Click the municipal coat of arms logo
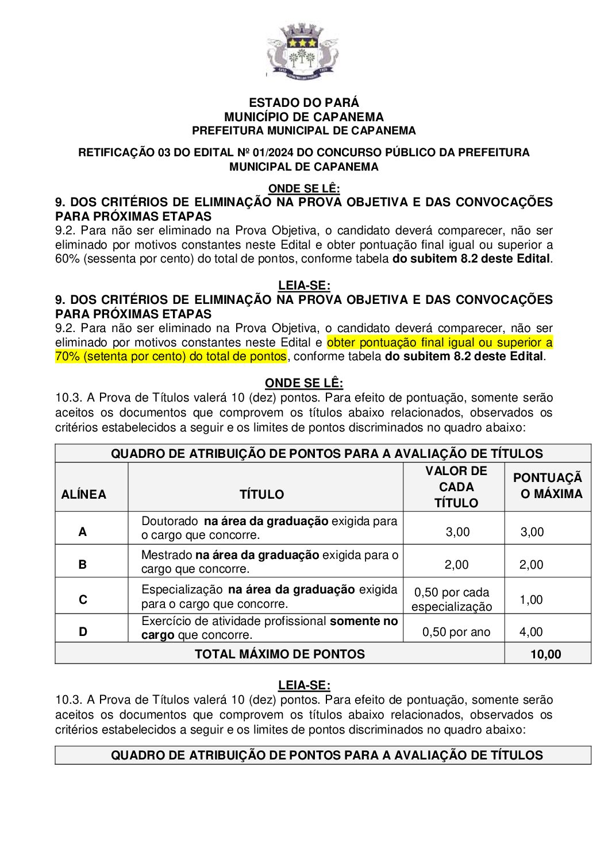pyautogui.click(x=303, y=52)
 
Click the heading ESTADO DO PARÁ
pyautogui.click(x=304, y=103)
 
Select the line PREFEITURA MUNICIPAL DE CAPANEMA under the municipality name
pyautogui.click(x=304, y=131)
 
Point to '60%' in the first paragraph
pyautogui.click(x=67, y=259)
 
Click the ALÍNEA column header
pyautogui.click(x=84, y=495)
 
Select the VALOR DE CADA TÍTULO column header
pyautogui.click(x=456, y=487)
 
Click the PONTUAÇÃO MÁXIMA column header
pyautogui.click(x=547, y=486)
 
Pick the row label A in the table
pyautogui.click(x=83, y=532)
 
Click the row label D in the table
pyautogui.click(x=83, y=632)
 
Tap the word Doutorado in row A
pyautogui.click(x=170, y=522)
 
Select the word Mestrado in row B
pyautogui.click(x=167, y=556)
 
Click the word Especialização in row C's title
pyautogui.click(x=182, y=590)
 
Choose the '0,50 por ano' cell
pyautogui.click(x=456, y=633)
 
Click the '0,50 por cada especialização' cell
pyautogui.click(x=452, y=600)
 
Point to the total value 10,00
pyautogui.click(x=546, y=654)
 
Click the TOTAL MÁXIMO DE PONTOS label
pyautogui.click(x=280, y=654)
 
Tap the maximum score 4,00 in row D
pyautogui.click(x=531, y=633)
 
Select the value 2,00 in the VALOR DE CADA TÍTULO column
pyautogui.click(x=456, y=565)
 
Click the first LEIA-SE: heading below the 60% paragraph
pyautogui.click(x=304, y=286)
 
